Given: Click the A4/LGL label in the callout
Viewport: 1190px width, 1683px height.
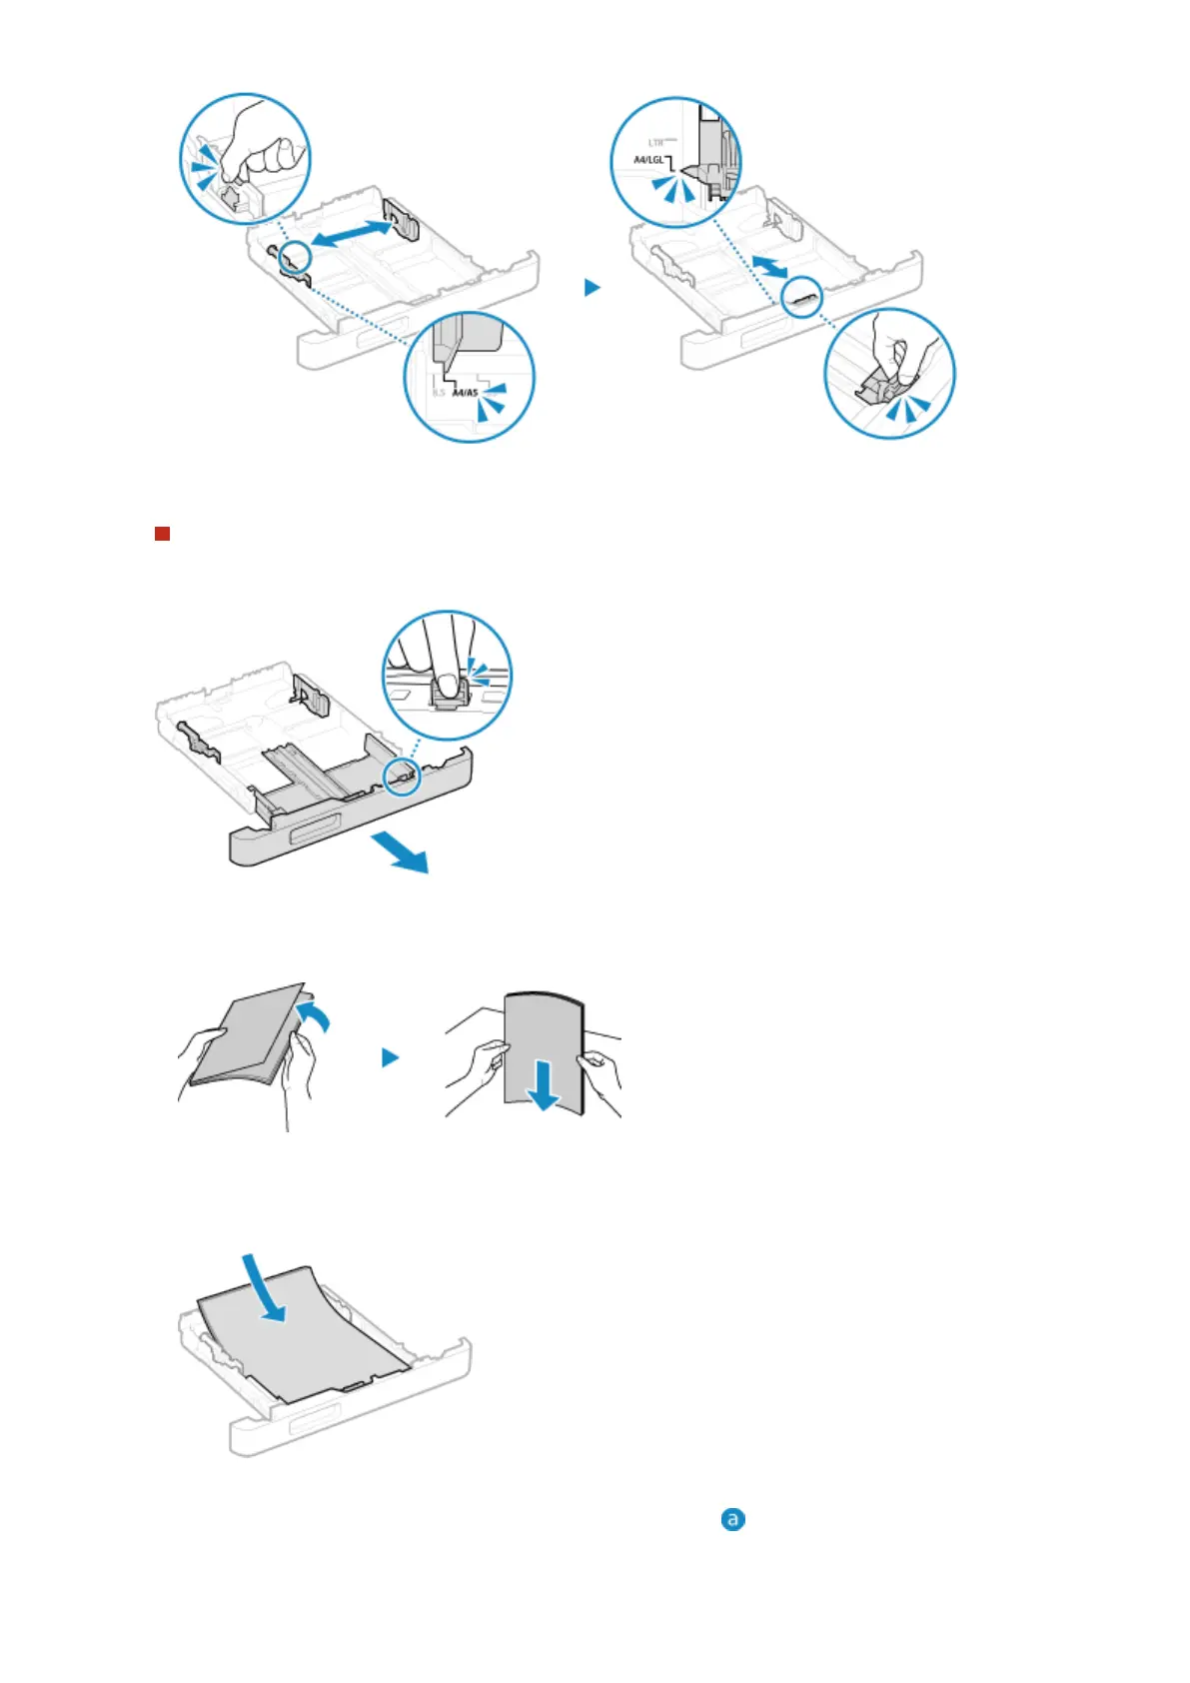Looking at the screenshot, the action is click(x=648, y=160).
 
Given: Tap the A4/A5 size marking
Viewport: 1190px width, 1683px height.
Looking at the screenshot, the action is click(x=465, y=393).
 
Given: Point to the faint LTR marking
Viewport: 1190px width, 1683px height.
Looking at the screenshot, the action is click(x=656, y=143).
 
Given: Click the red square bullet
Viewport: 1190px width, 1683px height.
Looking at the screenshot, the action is click(x=162, y=534).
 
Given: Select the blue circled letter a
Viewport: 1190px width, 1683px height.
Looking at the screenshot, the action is click(x=733, y=1519).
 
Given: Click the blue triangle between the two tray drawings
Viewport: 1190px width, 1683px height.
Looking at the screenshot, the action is click(x=593, y=287).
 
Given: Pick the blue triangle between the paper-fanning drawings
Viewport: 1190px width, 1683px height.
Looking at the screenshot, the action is click(x=391, y=1057).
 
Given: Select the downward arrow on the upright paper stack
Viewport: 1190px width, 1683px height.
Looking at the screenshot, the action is click(x=544, y=1086).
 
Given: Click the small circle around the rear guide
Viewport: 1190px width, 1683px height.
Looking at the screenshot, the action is click(x=801, y=297).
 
